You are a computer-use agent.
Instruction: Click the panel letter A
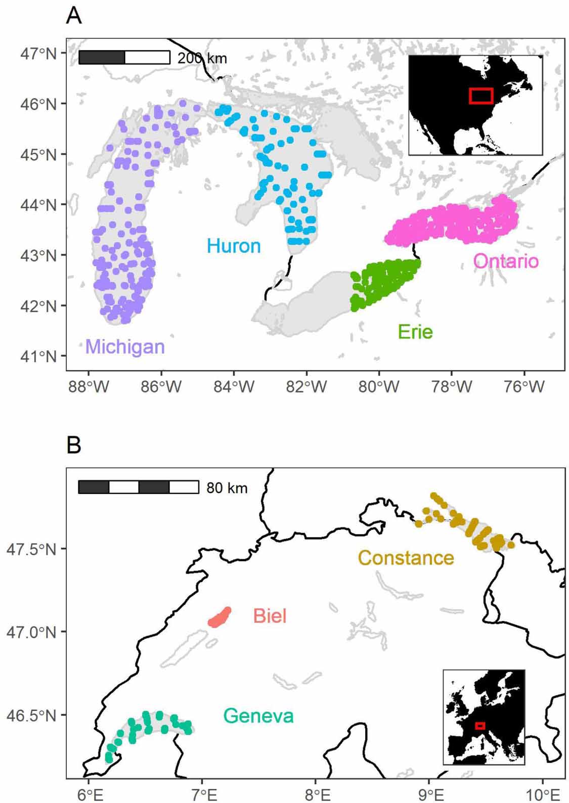pos(74,16)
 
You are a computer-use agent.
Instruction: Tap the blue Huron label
pos(234,246)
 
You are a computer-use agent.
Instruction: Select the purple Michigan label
pos(125,347)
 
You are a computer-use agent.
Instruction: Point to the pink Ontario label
pos(505,261)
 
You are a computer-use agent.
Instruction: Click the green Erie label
pos(415,332)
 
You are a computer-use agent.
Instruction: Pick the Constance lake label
pos(406,558)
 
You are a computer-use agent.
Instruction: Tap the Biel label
pos(270,616)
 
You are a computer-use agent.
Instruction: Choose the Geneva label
pos(258,716)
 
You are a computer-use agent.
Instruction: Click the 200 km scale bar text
pos(202,58)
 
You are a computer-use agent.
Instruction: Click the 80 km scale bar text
pos(227,488)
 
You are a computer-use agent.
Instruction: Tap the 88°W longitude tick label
pos(89,387)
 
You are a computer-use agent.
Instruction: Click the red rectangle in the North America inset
pos(480,96)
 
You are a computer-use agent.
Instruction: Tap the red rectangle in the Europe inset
pos(480,726)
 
